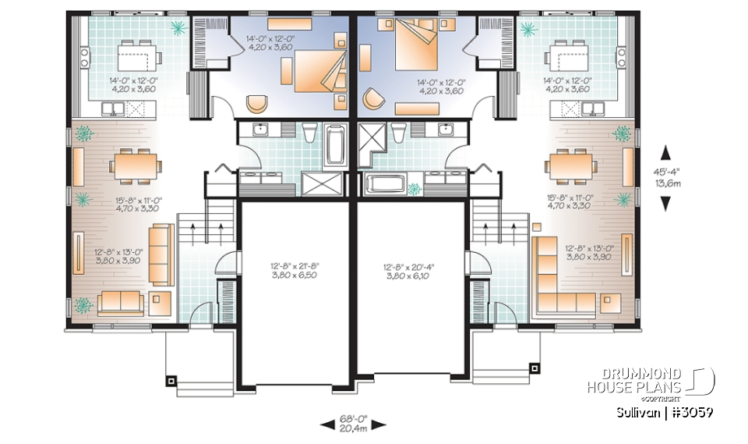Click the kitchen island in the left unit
(139, 56)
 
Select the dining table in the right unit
(572, 165)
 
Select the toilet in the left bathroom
(310, 134)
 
